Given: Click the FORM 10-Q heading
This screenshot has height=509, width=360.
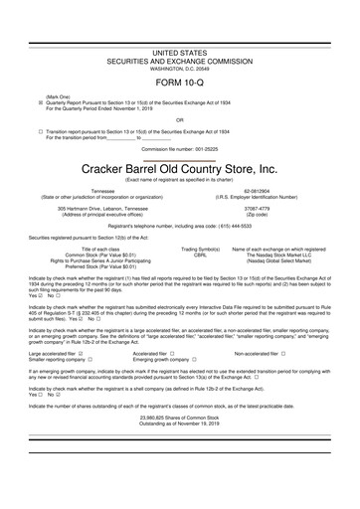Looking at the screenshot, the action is pos(179,84).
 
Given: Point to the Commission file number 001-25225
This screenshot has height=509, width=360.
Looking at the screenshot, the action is pos(179,148).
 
